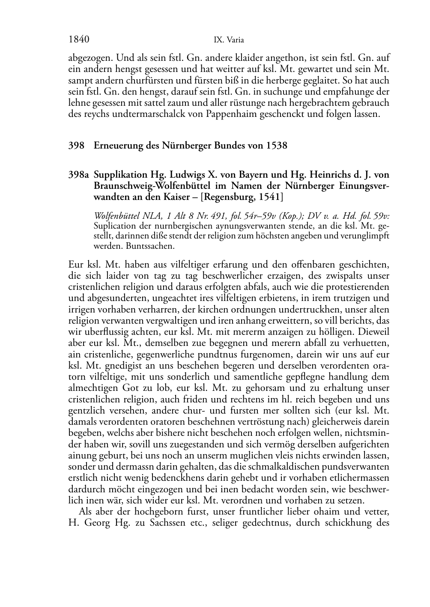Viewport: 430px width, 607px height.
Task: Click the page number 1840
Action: point(78,40)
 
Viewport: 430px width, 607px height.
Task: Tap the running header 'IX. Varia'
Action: point(229,40)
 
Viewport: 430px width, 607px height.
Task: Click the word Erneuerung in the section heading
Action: point(117,146)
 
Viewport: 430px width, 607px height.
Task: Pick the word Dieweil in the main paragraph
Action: point(373,331)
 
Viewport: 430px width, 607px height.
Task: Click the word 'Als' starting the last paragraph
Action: point(86,511)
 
